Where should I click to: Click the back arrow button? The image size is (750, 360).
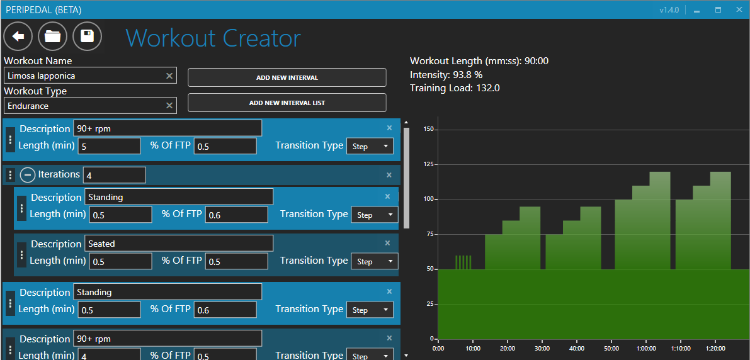(18, 37)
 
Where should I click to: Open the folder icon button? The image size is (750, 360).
(53, 37)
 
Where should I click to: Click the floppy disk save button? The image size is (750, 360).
(88, 37)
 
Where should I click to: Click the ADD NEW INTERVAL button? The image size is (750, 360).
(287, 77)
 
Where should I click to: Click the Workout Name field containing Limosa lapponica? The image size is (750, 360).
(84, 76)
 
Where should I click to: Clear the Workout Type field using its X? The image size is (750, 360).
(169, 106)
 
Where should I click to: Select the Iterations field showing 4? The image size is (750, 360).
(114, 175)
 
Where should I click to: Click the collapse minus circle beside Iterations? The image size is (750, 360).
(28, 175)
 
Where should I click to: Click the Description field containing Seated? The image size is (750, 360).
(179, 244)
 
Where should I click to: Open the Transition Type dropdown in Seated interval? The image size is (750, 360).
(375, 261)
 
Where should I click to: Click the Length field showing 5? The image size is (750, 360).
(109, 146)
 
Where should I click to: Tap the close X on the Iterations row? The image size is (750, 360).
(389, 175)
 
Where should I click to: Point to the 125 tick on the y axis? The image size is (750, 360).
(428, 164)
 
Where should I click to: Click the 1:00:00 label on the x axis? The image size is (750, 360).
(646, 348)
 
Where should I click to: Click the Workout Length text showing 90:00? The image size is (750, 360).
(479, 61)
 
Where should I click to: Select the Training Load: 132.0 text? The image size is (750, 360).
(455, 88)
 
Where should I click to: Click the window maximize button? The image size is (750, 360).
(718, 10)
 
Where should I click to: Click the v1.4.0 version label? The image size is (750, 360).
(669, 10)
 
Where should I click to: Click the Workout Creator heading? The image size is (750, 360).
(213, 38)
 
